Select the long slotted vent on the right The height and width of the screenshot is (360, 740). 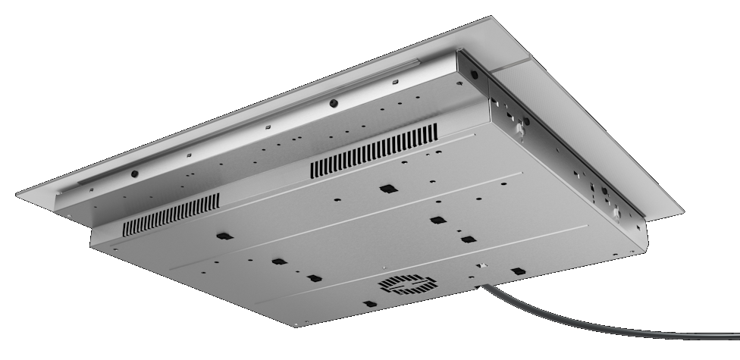(x=374, y=153)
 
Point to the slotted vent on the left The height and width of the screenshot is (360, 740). (x=171, y=213)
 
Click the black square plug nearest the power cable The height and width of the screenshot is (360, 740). (x=518, y=271)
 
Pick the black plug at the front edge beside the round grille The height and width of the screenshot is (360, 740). (x=368, y=304)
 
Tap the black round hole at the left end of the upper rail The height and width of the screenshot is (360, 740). (x=134, y=174)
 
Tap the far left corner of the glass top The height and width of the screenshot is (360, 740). (x=17, y=196)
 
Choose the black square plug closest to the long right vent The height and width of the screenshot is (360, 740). (x=387, y=189)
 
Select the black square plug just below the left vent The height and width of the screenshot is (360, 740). (x=221, y=236)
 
